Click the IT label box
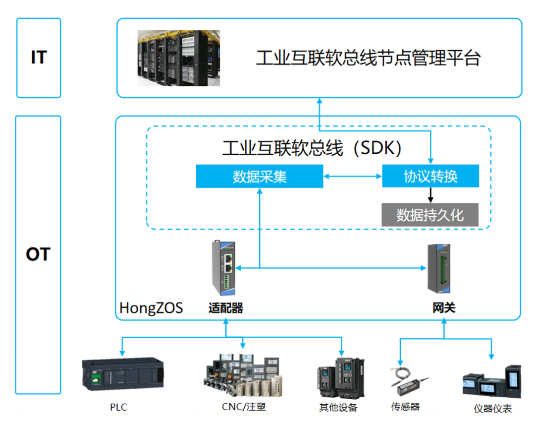pos(39,58)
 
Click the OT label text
pos(38,254)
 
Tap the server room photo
pos(178,58)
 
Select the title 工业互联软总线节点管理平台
pos(368,59)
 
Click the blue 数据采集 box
pos(259,177)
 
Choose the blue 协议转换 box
pos(430,176)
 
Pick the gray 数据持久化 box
pos(430,215)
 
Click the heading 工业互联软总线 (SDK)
pos(312,148)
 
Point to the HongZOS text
pos(151,308)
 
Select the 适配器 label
pos(226,308)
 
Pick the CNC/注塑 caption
pos(244,407)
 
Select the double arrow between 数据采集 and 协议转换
pos(353,176)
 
